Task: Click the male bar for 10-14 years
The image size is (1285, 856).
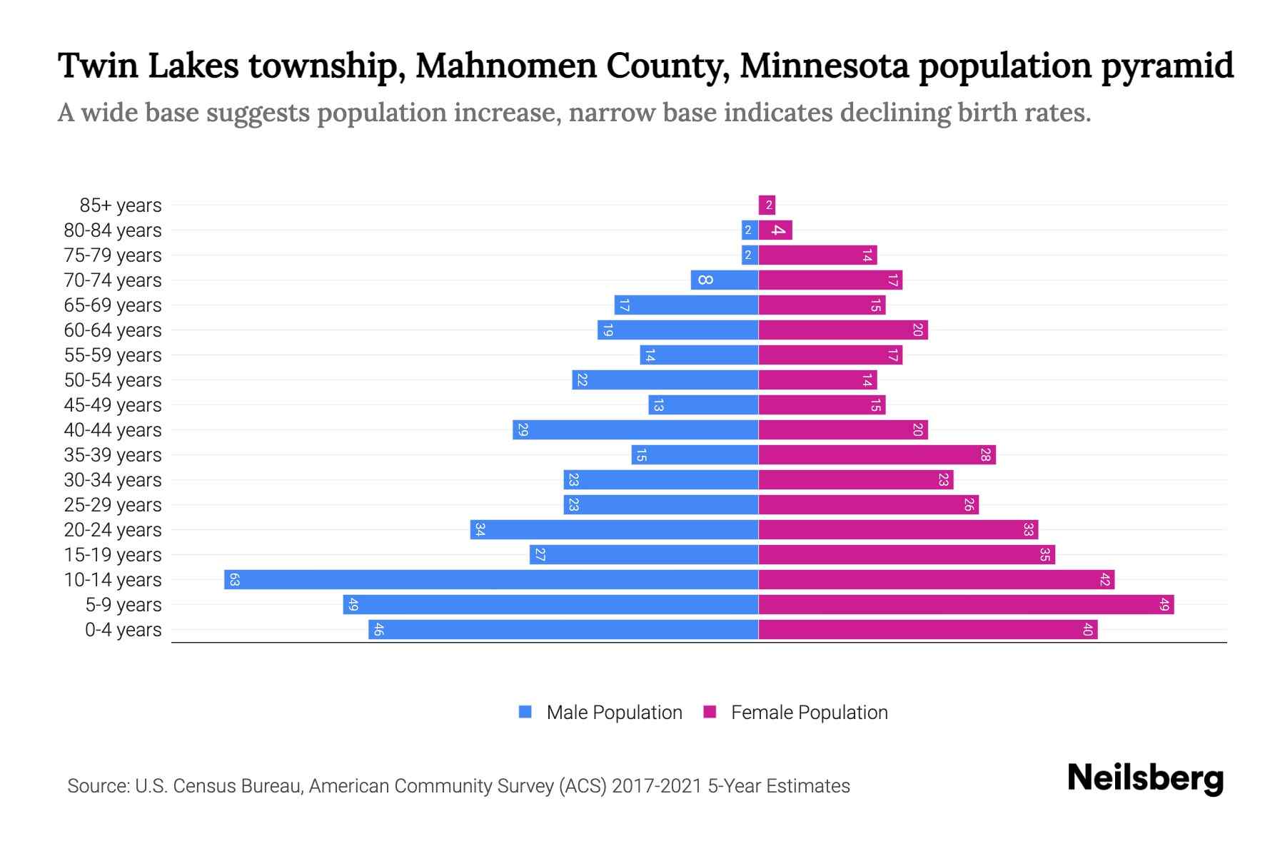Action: click(x=491, y=579)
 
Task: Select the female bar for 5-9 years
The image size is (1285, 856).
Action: click(x=966, y=604)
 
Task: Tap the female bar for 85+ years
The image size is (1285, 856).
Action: click(x=767, y=205)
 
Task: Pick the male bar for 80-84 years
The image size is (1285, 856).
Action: click(x=750, y=230)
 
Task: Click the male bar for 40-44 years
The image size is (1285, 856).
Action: click(x=635, y=429)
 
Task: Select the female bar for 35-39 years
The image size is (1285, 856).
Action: click(x=877, y=454)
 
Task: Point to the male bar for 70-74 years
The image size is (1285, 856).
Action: click(x=725, y=280)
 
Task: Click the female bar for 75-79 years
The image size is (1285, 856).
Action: click(x=817, y=255)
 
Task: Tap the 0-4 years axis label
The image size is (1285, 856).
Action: click(x=123, y=630)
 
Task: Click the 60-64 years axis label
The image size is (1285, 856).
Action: click(x=113, y=330)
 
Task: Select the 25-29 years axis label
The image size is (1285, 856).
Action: click(x=113, y=505)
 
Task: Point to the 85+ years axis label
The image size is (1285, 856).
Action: click(x=121, y=205)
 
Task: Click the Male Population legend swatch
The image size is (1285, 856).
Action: click(x=525, y=712)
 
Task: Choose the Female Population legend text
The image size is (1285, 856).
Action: click(x=809, y=712)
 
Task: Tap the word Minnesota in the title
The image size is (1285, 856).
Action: click(x=824, y=66)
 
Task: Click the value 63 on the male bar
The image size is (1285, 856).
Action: click(x=234, y=579)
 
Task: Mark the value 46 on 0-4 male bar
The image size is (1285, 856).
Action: click(x=378, y=629)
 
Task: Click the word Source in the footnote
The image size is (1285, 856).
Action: click(x=97, y=786)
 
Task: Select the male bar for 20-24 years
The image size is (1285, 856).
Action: click(x=614, y=529)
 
